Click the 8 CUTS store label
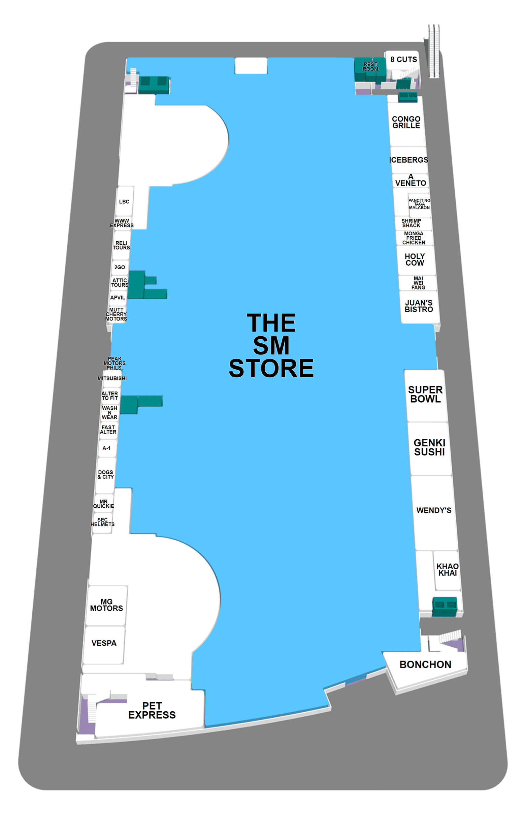coord(403,60)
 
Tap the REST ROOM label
coord(370,66)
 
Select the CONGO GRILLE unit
coord(406,122)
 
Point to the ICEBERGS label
coord(409,160)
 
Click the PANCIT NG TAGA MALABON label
coord(419,204)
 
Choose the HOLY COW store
coord(415,260)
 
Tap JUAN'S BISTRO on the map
coord(419,306)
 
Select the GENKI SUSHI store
coord(429,447)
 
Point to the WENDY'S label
coord(433,510)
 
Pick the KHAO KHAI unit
coord(448,570)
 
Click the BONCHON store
coord(425,665)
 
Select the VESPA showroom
coord(104,643)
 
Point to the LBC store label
coord(124,202)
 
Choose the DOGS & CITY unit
coord(105,474)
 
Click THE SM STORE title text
coord(271,345)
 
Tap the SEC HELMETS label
coord(102,522)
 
